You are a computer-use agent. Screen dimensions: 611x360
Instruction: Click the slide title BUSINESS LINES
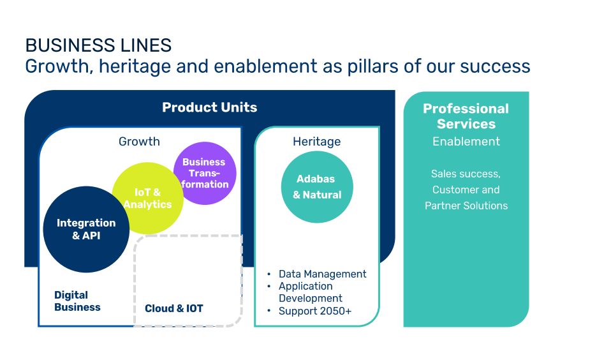point(98,45)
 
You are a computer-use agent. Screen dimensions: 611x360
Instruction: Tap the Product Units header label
point(210,107)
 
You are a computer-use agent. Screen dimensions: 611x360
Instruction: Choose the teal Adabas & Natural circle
point(317,187)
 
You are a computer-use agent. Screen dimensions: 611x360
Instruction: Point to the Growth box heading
point(139,141)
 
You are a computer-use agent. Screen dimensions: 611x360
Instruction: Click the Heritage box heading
point(317,141)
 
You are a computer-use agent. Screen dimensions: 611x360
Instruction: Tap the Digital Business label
point(77,301)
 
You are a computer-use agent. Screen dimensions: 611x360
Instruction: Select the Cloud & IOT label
point(173,308)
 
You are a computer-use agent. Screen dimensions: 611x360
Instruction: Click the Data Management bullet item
point(322,274)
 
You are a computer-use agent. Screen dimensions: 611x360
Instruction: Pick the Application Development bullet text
point(310,292)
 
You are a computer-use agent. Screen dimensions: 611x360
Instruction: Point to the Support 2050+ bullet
point(315,311)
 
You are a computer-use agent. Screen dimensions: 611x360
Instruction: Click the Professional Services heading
point(466,116)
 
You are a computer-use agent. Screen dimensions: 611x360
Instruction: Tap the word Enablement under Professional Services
point(466,141)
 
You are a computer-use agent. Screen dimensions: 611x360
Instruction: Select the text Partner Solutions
point(466,206)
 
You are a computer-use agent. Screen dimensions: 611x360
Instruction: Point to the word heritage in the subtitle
point(135,66)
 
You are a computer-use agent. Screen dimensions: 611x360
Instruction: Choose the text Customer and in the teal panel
point(466,190)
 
